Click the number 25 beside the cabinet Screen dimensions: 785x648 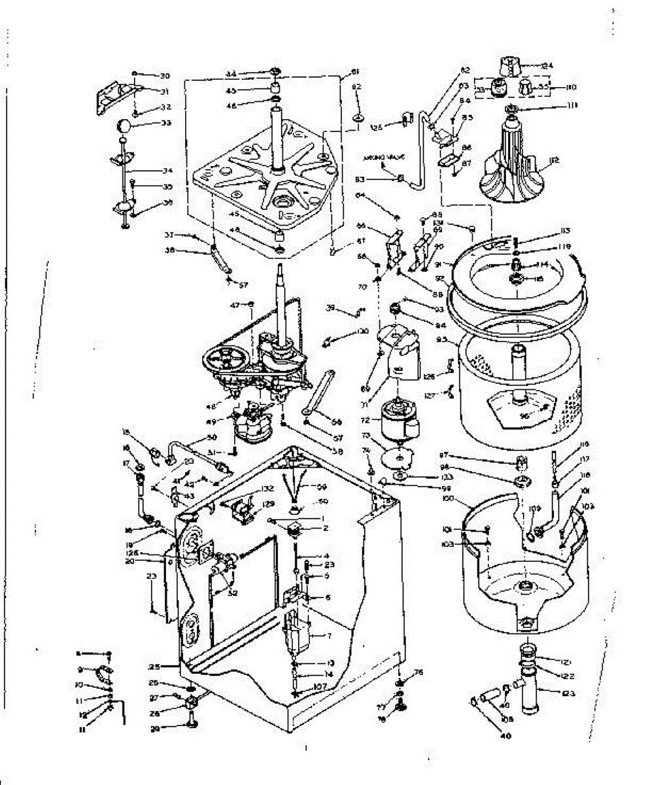[154, 667]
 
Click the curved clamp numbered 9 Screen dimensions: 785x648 [101, 672]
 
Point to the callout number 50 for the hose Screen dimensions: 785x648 [211, 437]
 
